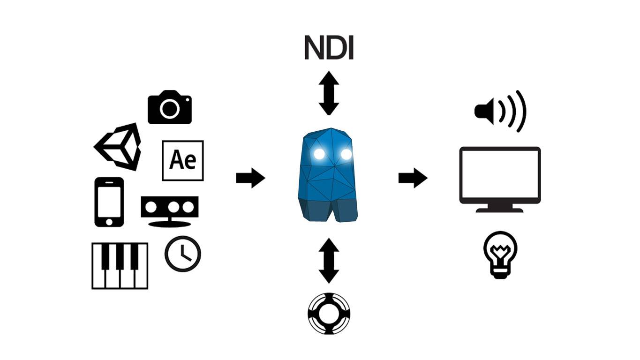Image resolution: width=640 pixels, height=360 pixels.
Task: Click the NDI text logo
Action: [x=329, y=48]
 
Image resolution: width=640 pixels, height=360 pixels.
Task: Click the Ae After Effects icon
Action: [x=183, y=160]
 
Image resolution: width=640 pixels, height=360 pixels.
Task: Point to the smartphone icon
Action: [x=109, y=202]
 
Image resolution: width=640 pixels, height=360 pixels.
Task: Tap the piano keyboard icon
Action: [x=120, y=265]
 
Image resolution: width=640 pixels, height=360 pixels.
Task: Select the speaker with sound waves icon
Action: [x=500, y=112]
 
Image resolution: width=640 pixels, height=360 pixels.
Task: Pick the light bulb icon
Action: [x=500, y=254]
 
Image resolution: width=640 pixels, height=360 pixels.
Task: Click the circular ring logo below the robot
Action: [x=329, y=314]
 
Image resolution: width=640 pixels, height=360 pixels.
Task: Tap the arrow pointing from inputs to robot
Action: [x=250, y=178]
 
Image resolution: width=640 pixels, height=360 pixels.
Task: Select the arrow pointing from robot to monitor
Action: [x=413, y=178]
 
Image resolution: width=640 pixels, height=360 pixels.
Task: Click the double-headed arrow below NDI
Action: [x=329, y=93]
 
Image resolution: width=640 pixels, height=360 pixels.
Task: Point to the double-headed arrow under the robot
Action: [x=329, y=261]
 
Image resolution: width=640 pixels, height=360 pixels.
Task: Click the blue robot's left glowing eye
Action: [x=320, y=153]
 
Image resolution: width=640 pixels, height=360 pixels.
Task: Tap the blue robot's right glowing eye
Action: [x=346, y=154]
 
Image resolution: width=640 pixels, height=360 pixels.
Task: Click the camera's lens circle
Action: [x=170, y=109]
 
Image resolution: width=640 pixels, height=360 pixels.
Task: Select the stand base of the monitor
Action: [x=500, y=210]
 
